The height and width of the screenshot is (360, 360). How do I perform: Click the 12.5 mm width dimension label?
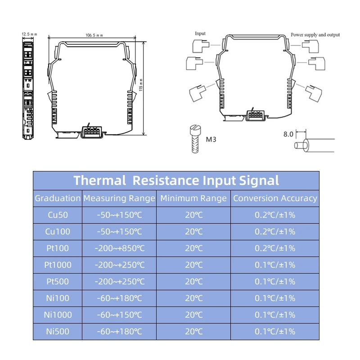(29, 34)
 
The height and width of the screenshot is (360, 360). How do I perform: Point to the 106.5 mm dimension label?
(94, 36)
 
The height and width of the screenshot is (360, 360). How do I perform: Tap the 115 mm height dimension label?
(141, 85)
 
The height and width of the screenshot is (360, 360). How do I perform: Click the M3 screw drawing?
(195, 139)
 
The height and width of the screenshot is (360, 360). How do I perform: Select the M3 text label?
(211, 139)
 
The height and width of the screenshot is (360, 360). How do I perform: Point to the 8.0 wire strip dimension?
(288, 134)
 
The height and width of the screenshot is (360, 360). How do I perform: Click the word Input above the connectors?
(200, 33)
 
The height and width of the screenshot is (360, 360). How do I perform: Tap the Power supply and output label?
(315, 35)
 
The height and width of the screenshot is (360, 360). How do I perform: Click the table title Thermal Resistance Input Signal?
(176, 180)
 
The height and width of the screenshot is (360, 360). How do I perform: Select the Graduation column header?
(58, 198)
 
